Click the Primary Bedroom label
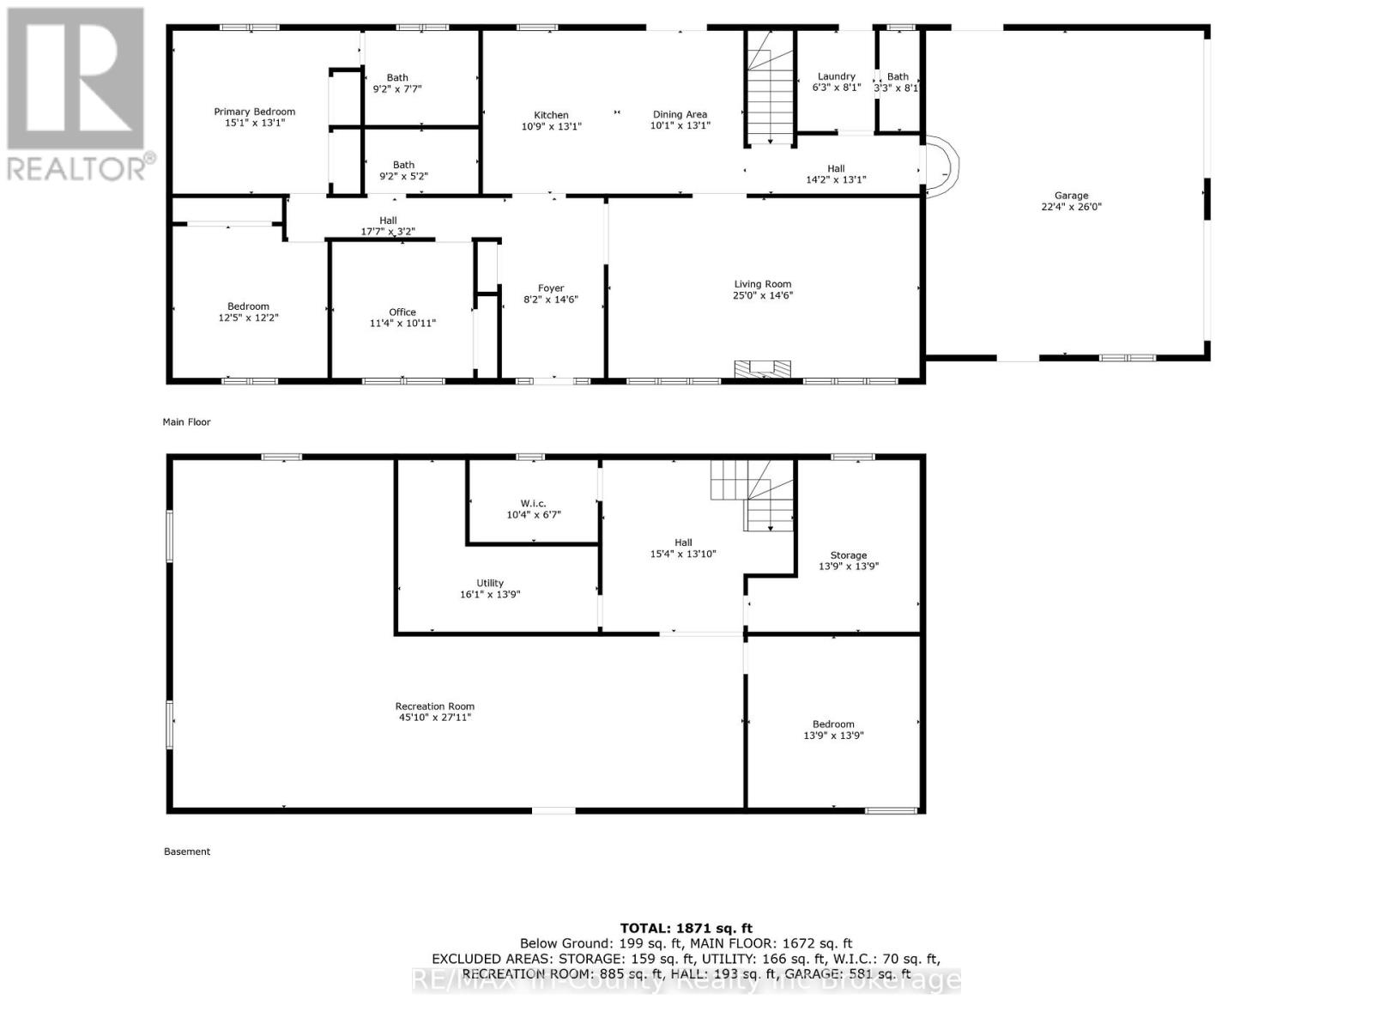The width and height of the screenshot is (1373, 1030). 255,112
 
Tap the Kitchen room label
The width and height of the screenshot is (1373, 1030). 551,115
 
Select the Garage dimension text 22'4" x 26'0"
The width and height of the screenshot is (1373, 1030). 1071,207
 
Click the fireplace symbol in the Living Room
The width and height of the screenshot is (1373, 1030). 763,369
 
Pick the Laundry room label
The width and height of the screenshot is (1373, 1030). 836,76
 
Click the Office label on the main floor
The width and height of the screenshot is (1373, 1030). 402,312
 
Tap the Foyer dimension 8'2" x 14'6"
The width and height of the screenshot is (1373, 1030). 551,300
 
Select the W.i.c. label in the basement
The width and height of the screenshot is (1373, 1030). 533,504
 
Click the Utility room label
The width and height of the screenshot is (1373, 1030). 490,583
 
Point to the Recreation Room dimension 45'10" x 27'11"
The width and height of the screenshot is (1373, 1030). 435,718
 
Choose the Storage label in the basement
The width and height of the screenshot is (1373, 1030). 848,555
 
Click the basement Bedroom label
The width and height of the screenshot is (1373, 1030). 833,724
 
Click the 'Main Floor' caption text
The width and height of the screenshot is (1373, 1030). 186,422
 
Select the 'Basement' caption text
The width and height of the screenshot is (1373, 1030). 186,851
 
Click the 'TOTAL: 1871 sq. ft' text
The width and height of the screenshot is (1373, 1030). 686,928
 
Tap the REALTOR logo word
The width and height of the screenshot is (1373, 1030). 77,167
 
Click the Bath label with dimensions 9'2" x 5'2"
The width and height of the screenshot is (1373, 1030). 403,165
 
